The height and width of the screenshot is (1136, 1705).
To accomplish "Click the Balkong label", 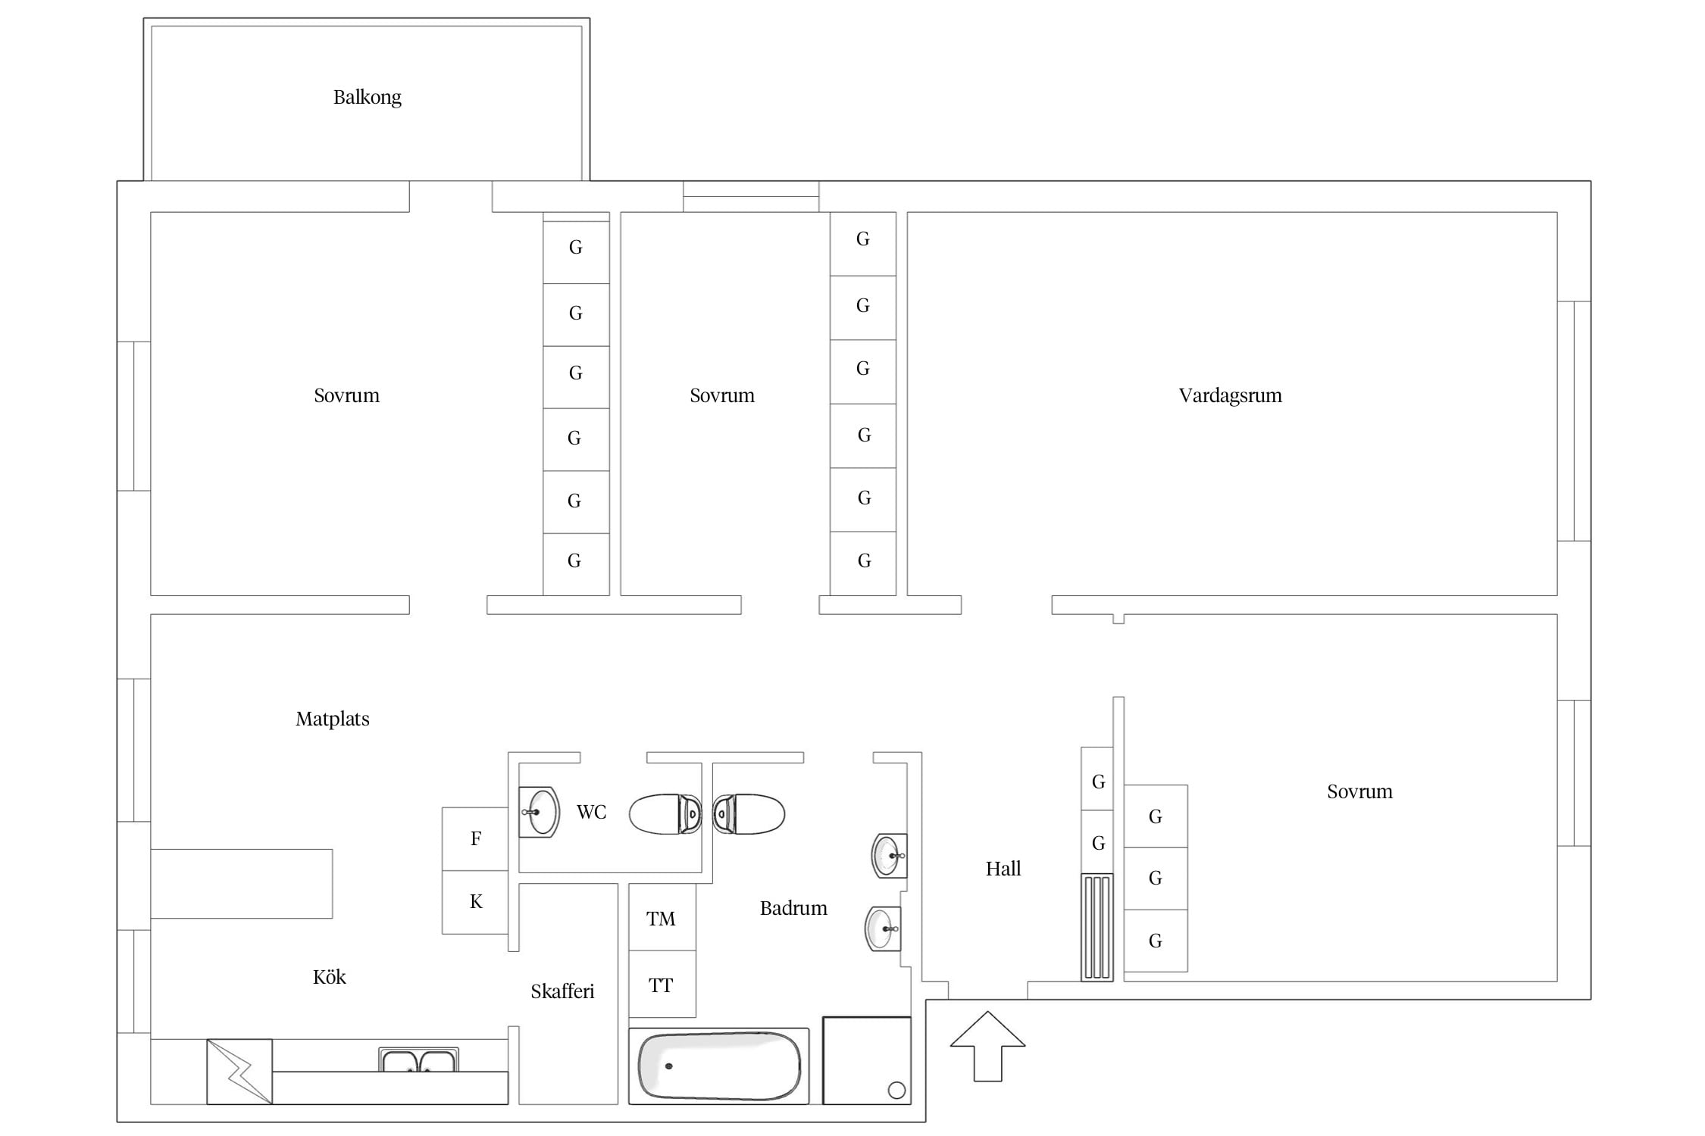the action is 368,98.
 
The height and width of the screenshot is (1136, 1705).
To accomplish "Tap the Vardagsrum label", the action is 1230,395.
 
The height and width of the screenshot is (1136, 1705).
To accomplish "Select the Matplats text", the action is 333,719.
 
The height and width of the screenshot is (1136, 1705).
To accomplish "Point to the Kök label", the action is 330,977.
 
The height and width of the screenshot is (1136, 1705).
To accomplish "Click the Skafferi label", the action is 562,991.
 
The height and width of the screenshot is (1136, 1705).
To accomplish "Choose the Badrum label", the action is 793,908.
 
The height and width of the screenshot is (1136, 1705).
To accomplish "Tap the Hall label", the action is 1003,869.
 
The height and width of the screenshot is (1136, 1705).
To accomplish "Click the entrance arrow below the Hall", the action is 987,1046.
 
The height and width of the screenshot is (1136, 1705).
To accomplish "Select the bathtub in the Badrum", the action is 719,1066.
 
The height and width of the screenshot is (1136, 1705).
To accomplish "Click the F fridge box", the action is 475,838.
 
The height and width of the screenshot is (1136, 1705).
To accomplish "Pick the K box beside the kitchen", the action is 475,902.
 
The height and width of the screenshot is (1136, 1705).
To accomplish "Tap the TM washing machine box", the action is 662,918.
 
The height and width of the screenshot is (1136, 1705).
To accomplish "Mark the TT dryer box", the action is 662,985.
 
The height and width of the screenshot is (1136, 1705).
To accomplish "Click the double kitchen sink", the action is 418,1060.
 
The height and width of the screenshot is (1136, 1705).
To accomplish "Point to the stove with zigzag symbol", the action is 239,1071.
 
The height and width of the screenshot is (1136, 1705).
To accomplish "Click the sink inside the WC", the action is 539,812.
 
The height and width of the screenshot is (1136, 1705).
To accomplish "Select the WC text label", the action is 591,813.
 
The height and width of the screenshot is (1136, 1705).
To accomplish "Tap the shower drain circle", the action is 896,1090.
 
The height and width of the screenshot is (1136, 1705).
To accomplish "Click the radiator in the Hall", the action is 1097,927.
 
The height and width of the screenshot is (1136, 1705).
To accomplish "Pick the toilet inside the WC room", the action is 665,814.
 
